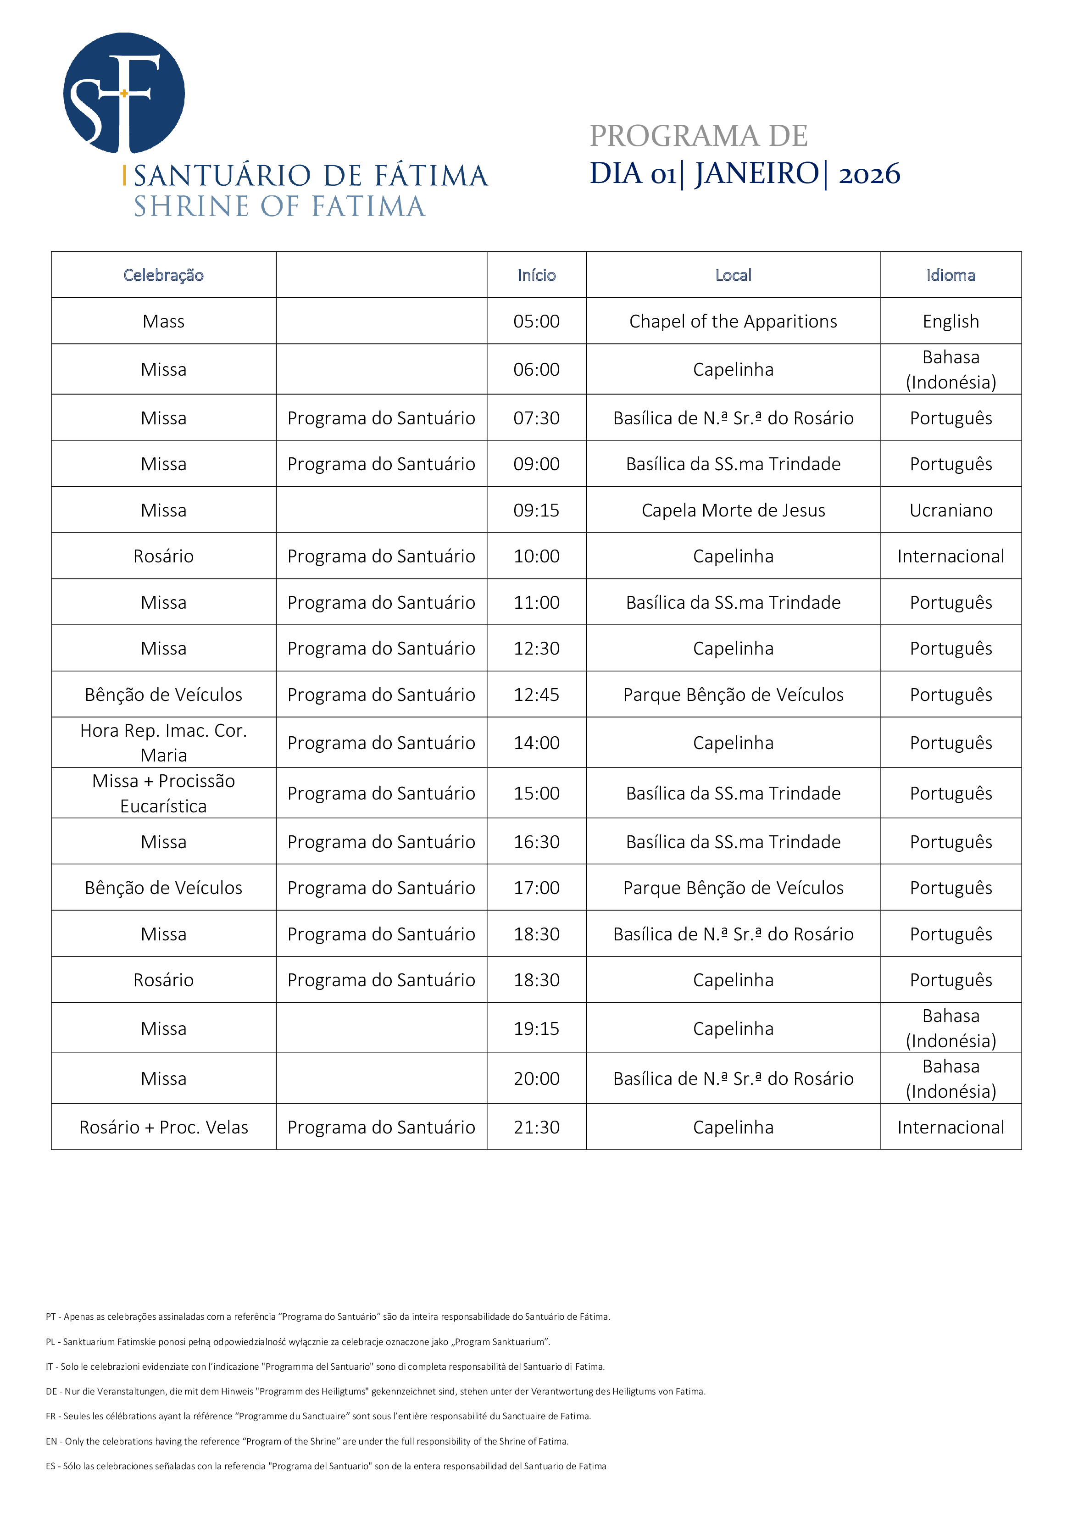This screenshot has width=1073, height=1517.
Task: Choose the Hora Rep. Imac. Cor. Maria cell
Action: coord(163,743)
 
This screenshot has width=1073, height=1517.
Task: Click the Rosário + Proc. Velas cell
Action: coord(163,1127)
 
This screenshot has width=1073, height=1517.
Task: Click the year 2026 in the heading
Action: coord(869,174)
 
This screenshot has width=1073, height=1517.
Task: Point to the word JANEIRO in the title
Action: coord(756,174)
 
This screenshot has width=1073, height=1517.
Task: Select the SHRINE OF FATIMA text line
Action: coord(279,207)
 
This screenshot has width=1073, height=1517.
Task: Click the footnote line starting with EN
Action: coord(307,1441)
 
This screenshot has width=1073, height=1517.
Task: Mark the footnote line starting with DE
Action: coord(375,1391)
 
